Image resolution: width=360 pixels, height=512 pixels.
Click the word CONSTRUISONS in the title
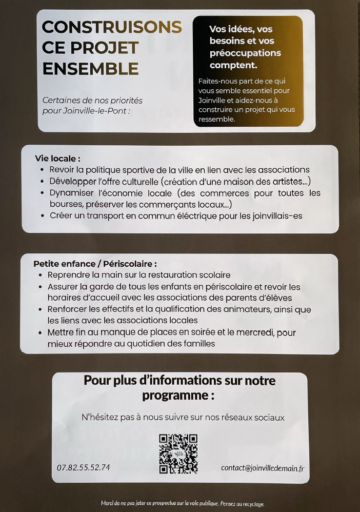112,27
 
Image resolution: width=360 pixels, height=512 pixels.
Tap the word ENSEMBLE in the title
90,68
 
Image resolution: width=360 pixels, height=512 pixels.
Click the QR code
178,453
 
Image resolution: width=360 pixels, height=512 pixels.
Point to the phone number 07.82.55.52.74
83,467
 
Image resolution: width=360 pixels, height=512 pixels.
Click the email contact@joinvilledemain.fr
262,467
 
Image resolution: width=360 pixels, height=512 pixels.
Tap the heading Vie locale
57,159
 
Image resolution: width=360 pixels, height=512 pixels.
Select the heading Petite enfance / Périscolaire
95,264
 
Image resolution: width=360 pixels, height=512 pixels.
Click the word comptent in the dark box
233,65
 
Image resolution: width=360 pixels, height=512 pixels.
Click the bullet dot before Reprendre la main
41,275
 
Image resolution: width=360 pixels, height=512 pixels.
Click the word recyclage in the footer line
251,504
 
